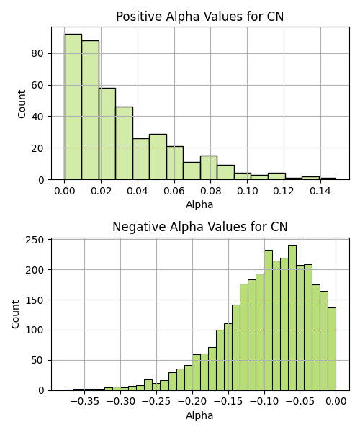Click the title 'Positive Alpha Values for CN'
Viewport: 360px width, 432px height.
tap(199, 17)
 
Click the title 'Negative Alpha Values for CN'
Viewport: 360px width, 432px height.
tap(200, 227)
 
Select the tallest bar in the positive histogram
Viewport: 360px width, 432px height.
tap(73, 107)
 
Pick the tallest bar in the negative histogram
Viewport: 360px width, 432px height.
tap(292, 318)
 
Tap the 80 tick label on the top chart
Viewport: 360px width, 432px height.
tap(37, 53)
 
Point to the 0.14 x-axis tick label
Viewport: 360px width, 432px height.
tap(320, 191)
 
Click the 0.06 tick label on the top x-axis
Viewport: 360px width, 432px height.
tap(174, 191)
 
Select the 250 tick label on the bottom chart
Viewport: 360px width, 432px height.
tap(35, 240)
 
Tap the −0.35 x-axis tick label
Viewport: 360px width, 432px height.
tap(84, 402)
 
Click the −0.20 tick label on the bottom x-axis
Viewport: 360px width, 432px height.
tap(192, 402)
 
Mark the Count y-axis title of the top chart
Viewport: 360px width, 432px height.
tap(22, 104)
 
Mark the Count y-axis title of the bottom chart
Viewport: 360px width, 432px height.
tap(15, 315)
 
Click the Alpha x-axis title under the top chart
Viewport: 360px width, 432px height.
tap(199, 204)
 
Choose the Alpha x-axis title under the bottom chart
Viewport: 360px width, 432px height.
tap(199, 415)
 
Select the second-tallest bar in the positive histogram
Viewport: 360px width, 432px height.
tap(90, 110)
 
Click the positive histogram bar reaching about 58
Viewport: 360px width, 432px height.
tap(107, 134)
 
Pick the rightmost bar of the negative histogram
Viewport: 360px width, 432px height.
tap(332, 349)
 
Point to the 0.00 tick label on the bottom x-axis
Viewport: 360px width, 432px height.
tap(336, 402)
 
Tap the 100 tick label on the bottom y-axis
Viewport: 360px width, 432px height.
tap(35, 330)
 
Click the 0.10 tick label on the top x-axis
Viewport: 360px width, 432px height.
tap(248, 191)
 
